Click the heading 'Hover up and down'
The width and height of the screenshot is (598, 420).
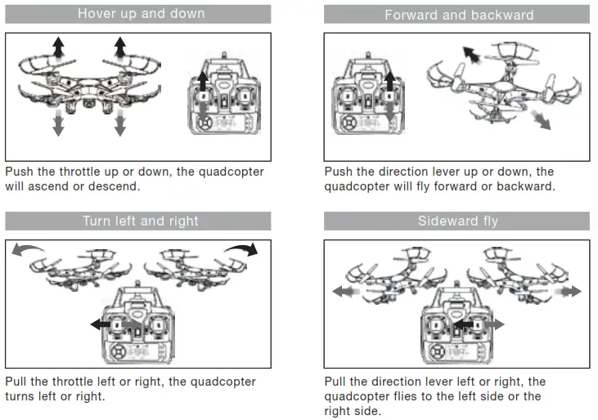tap(141, 14)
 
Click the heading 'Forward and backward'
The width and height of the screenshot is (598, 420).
tap(459, 15)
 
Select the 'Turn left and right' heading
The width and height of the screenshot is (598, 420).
tap(140, 221)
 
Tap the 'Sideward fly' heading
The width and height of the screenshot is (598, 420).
tap(457, 221)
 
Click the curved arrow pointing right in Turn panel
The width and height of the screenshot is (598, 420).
tap(242, 248)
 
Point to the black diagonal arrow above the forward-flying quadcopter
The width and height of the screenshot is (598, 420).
tap(471, 54)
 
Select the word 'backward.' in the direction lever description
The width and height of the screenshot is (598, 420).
tap(527, 186)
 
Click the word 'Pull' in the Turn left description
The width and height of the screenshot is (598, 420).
tap(17, 382)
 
